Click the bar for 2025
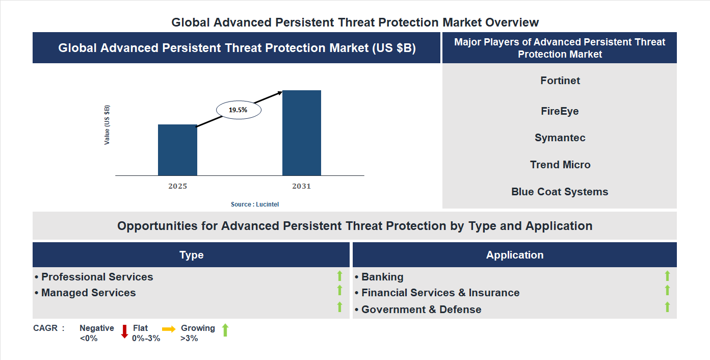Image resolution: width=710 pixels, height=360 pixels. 177,150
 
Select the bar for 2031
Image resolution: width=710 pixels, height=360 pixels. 302,133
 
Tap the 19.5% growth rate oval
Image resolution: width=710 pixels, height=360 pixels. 239,110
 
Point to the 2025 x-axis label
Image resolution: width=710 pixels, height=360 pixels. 177,186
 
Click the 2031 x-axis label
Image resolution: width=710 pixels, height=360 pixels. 301,186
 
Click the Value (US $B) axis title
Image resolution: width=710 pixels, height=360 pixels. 107,125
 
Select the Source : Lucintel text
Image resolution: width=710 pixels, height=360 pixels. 255,204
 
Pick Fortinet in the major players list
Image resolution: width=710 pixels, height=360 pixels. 560,81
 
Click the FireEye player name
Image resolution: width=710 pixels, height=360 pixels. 560,111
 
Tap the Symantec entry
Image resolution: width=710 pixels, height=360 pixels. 560,138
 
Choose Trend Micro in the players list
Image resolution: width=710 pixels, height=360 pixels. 560,165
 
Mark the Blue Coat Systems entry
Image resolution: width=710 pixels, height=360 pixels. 560,192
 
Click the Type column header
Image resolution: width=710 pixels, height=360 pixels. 191,255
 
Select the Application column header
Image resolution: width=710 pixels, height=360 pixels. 514,255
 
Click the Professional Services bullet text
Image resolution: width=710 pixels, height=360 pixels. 97,277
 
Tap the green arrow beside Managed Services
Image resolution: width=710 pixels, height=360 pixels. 339,290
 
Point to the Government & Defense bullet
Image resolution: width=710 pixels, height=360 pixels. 421,310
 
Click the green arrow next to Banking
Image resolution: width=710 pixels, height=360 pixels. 667,276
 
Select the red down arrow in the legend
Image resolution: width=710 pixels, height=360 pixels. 124,331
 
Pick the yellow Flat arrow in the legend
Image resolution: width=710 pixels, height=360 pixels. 169,329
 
